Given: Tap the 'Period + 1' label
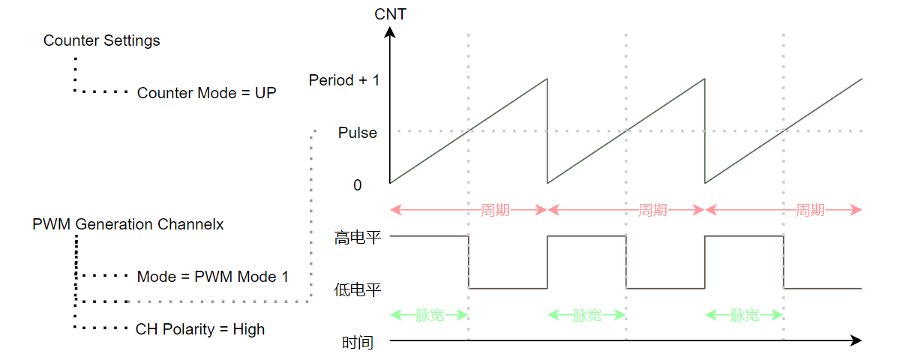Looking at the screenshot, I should pos(344,79).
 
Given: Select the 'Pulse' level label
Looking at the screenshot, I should pos(358,133).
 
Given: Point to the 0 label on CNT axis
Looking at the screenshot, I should pos(357,184).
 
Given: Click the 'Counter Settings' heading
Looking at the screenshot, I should pos(102,40).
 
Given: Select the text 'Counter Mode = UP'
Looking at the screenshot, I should pos(206,94).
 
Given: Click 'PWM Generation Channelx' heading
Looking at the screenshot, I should pos(128,224).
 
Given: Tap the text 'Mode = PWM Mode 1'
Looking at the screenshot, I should pos(212,277).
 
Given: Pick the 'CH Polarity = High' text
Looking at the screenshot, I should pos(200,329).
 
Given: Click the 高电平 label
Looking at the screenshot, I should pos(358,239).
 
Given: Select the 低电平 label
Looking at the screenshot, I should pos(358,289).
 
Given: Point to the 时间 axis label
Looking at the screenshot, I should pos(358,343).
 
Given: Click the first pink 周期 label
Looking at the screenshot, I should pos(495,210).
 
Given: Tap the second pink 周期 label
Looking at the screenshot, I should pos(652,210).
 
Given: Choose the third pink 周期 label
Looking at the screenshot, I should pos(810,210).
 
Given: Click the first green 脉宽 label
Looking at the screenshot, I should pos(430,315).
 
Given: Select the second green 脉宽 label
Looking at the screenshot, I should pos(587,315).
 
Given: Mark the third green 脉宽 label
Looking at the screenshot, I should pos(745,315).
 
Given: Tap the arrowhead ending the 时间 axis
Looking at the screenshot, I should pos(856,341).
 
